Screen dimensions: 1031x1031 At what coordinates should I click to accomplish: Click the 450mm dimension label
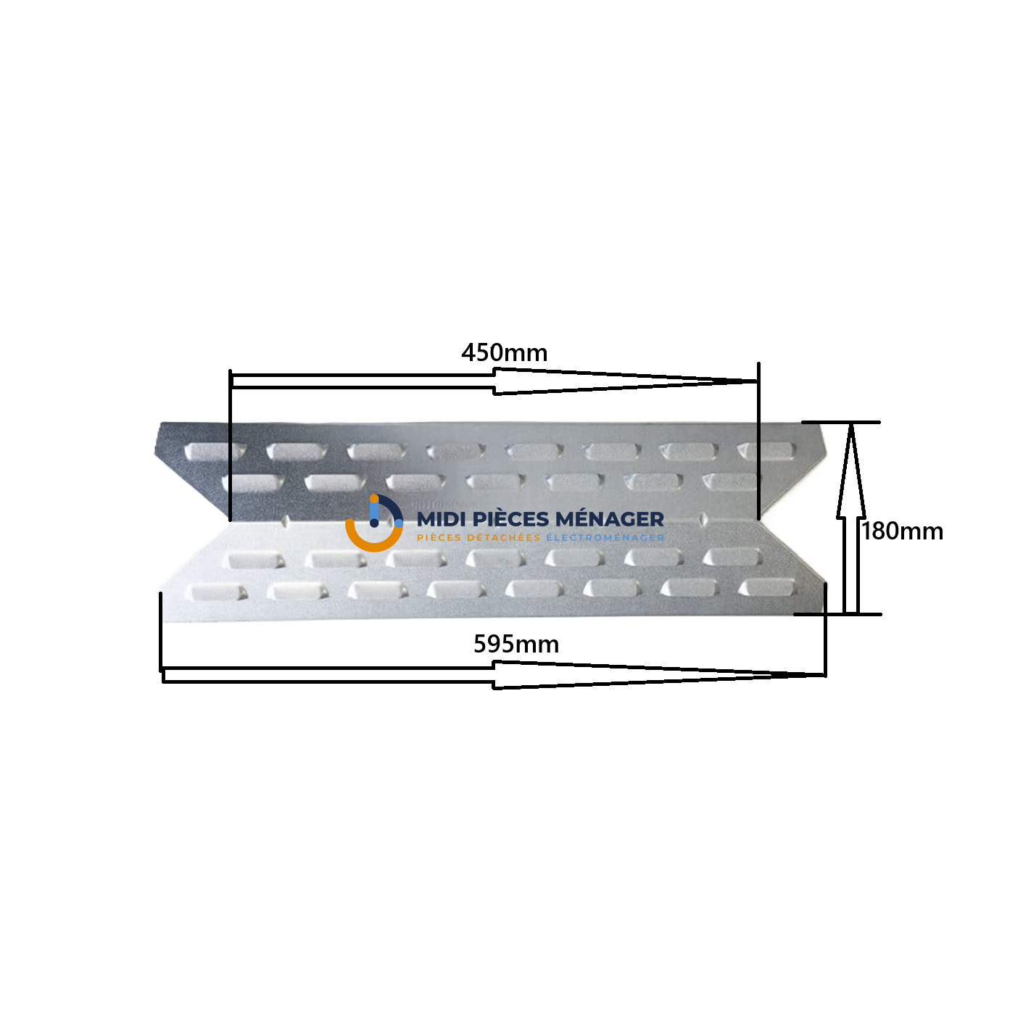tap(504, 353)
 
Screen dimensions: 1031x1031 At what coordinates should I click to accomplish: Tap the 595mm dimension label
tap(515, 644)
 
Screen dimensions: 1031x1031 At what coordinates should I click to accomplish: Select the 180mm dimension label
tap(901, 531)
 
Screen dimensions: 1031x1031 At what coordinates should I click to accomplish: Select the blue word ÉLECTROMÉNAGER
tap(605, 537)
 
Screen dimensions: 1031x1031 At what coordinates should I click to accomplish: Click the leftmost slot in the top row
tap(215, 451)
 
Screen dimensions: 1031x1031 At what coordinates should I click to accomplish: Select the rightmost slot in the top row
tap(765, 450)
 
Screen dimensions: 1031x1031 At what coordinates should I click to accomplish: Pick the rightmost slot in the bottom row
tap(766, 588)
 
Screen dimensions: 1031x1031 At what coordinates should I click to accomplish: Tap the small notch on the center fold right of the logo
tap(703, 519)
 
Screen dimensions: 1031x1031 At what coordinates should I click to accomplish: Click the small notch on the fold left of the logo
tap(286, 521)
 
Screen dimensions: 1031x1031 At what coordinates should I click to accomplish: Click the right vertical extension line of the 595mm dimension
tap(826, 630)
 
